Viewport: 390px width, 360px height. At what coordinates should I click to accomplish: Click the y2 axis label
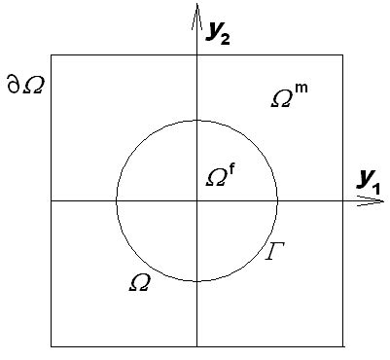point(221,32)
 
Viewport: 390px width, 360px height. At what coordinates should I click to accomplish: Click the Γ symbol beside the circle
point(275,254)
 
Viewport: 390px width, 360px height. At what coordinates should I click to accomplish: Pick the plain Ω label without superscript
point(140,283)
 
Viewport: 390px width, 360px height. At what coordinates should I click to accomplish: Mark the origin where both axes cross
point(196,200)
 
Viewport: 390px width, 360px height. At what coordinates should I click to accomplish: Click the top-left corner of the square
point(52,55)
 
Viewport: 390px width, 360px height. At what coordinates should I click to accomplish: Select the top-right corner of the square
point(341,55)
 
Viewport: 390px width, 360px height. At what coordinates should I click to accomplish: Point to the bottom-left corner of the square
point(52,345)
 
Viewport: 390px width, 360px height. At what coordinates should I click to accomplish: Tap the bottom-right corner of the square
point(341,345)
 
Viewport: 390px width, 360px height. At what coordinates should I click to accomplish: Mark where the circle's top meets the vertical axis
point(196,120)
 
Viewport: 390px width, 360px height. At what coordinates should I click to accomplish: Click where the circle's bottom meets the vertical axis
point(196,281)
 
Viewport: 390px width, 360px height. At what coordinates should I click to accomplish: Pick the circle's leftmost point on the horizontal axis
point(116,200)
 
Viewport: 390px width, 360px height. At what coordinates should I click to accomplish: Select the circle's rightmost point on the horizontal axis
point(277,200)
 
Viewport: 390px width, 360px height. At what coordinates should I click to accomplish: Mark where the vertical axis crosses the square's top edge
point(196,55)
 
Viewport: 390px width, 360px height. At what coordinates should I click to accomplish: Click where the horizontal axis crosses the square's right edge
point(341,200)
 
